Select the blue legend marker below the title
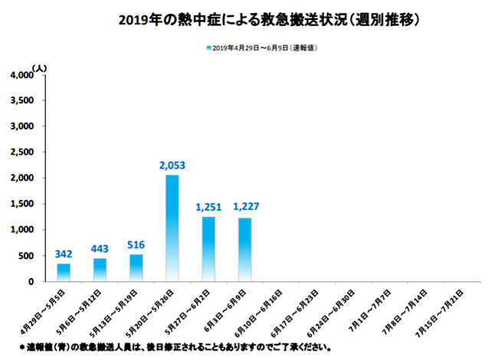click(x=208, y=47)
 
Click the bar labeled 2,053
click(x=172, y=227)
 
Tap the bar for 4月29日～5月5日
click(x=64, y=272)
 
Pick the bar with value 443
click(x=100, y=270)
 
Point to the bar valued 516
click(x=136, y=267)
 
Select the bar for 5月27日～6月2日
click(x=208, y=248)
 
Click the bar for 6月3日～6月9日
click(x=244, y=249)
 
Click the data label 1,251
click(x=208, y=208)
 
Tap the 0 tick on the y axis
click(x=31, y=282)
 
